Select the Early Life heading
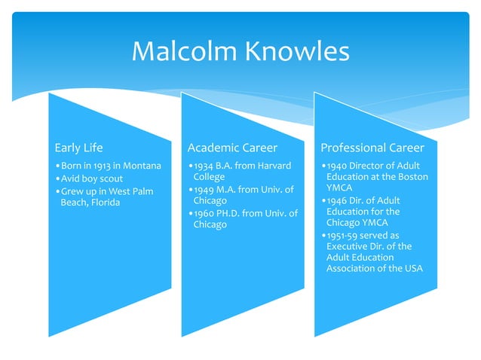[x=79, y=147]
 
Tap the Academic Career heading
[x=232, y=147]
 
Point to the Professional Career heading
[x=372, y=147]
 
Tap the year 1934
[x=203, y=166]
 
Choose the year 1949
[x=203, y=189]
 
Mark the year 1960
[x=203, y=213]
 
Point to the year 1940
[x=337, y=166]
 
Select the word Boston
[x=412, y=177]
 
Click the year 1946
[x=337, y=201]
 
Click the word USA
[x=412, y=269]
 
